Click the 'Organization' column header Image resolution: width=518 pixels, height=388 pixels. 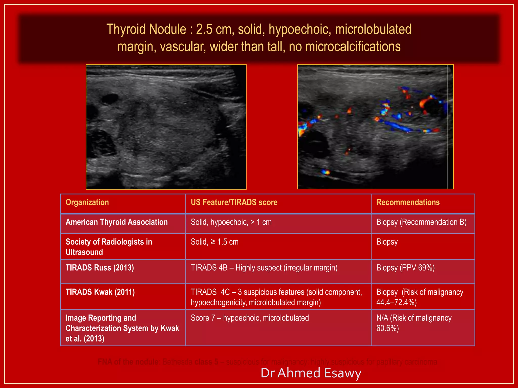pos(87,202)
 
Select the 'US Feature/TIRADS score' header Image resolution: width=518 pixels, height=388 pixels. pos(234,202)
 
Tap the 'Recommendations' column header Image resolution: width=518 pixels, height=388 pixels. pos(408,202)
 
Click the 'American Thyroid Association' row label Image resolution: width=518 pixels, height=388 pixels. pos(117,222)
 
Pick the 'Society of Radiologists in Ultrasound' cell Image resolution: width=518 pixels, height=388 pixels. pos(109,247)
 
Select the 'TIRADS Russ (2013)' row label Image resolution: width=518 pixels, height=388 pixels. pos(100,268)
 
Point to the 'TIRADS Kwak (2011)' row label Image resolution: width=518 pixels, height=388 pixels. pos(100,292)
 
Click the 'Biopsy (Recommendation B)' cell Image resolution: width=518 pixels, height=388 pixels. pos(421,222)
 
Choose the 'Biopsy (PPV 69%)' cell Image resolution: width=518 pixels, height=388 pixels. pos(405,268)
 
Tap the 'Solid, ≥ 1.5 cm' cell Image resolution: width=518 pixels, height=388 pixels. pos(214,242)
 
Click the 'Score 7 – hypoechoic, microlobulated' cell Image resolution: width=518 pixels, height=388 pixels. pos(250,318)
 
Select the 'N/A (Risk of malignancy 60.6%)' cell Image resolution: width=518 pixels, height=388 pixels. pos(414,323)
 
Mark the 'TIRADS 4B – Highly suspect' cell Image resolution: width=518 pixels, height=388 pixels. pos(264,268)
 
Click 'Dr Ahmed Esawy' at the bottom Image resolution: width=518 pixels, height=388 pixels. pos(311,373)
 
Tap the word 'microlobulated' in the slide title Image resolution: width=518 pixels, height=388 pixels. pos(373,29)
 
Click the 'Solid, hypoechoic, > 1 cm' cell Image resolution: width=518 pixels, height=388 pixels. pos(231,222)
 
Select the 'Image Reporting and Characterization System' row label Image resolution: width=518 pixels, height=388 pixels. pos(122,328)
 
